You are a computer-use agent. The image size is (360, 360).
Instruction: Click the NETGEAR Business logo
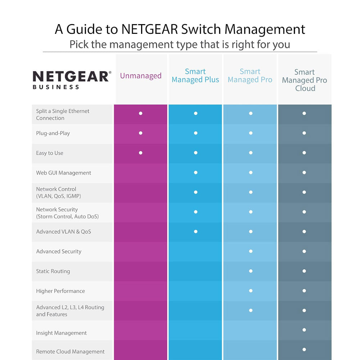(x=72, y=79)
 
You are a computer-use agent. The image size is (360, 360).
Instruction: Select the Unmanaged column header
(x=141, y=76)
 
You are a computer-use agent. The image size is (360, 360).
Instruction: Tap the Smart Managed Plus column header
(x=195, y=76)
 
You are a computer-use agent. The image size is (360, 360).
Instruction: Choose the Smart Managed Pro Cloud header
(x=305, y=80)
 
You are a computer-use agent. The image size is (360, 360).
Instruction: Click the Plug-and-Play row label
(x=53, y=133)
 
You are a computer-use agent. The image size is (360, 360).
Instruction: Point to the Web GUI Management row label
(x=64, y=173)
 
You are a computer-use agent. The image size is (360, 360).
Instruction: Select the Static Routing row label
(x=53, y=271)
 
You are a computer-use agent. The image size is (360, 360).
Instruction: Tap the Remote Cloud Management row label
(x=70, y=352)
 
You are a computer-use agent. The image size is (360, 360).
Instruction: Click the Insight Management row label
(x=61, y=333)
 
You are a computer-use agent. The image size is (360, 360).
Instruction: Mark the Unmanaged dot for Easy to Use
(x=141, y=153)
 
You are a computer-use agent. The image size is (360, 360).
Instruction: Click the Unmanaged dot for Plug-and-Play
(x=141, y=133)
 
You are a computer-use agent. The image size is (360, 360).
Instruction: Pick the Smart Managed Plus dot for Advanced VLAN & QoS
(x=195, y=231)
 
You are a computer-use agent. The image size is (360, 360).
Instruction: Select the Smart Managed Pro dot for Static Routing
(x=251, y=271)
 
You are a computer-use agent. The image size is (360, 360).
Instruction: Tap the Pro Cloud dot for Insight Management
(x=304, y=330)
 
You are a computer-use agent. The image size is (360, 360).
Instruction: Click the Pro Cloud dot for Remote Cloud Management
(x=304, y=349)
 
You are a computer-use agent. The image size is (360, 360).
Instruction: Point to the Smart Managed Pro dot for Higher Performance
(x=251, y=291)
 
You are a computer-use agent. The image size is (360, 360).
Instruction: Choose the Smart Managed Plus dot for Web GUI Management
(x=195, y=172)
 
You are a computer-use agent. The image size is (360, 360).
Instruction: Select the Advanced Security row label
(x=59, y=252)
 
